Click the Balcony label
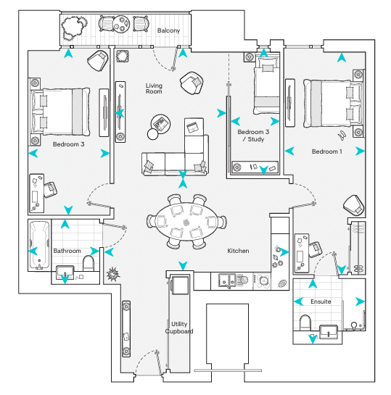point(168,30)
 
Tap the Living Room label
point(154,88)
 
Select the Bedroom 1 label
point(327,151)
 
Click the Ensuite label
point(321,302)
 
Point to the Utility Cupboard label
point(179,328)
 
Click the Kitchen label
point(238,251)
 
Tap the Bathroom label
point(67,251)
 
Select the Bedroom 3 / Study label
point(253,136)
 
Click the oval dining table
point(186,222)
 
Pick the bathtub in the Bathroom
point(40,245)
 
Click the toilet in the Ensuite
point(305,323)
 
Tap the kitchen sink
point(227,281)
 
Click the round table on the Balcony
point(121,24)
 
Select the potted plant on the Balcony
point(74,28)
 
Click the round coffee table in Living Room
point(160,124)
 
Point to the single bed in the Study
point(267,86)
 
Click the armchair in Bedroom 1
point(354,205)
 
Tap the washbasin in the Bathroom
point(65,272)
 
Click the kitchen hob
point(262,281)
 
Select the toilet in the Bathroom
point(89,263)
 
